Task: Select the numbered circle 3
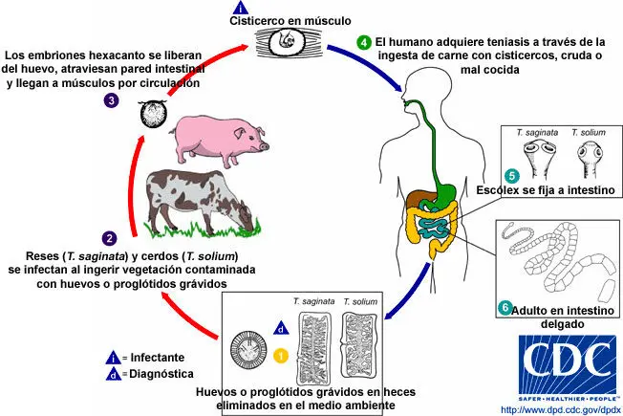point(113,99)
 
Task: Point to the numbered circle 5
point(511,175)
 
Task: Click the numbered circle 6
point(505,308)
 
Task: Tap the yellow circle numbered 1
point(280,355)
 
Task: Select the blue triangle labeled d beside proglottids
point(279,328)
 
